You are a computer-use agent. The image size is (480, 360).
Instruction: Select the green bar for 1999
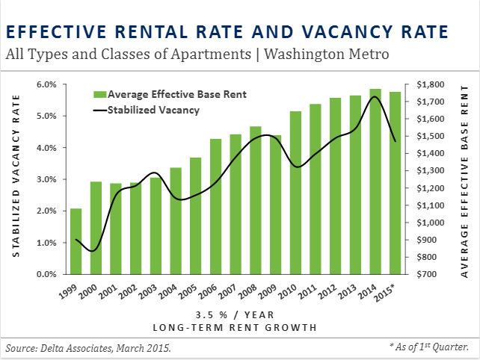pos(76,241)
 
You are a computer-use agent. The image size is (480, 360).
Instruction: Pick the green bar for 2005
pos(195,216)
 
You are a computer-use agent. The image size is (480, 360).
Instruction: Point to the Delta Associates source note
pos(88,347)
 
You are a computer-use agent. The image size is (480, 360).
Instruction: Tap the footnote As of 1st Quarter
pos(429,347)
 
